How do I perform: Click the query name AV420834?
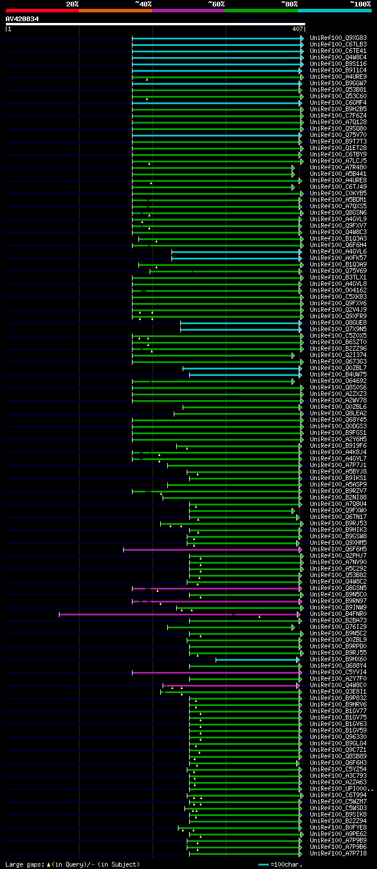(x=22, y=19)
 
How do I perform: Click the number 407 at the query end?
(x=297, y=28)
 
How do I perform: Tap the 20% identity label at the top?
(x=72, y=4)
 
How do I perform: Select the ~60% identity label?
(x=216, y=4)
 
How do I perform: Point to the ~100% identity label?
(x=360, y=4)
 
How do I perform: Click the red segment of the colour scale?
(x=41, y=10)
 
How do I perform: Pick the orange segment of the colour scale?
(x=115, y=10)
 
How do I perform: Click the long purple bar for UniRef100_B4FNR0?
(x=177, y=614)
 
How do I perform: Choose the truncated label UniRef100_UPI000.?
(x=340, y=788)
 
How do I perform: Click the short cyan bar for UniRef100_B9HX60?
(x=256, y=660)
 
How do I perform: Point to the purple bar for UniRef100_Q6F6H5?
(x=212, y=550)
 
